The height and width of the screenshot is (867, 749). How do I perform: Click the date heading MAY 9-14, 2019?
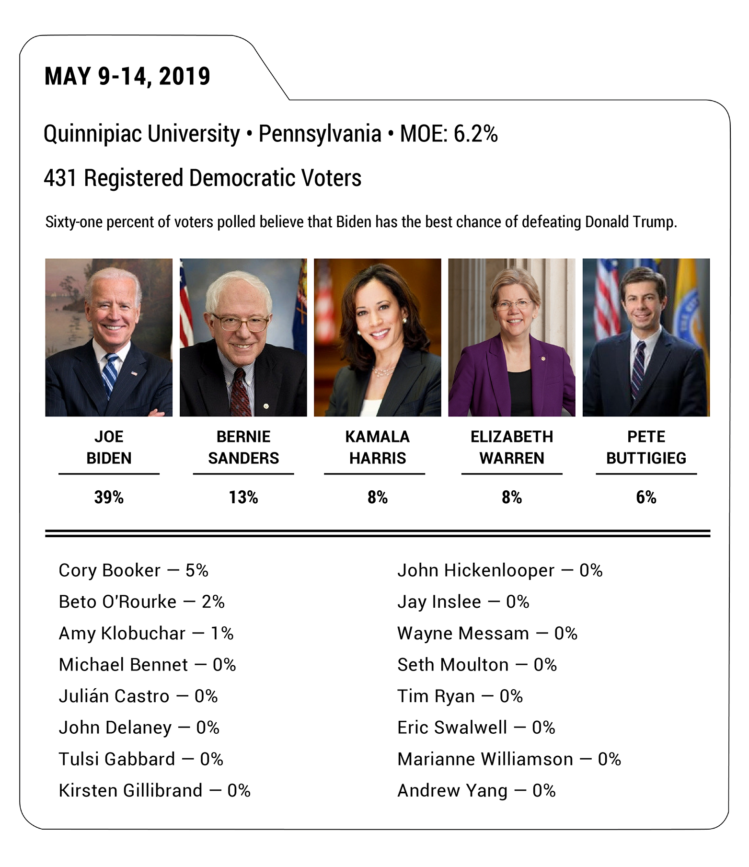point(127,77)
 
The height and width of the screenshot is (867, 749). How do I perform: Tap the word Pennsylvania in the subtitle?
point(320,134)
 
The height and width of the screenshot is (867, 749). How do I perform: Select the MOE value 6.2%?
point(475,134)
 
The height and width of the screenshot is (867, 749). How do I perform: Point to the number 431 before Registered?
point(60,178)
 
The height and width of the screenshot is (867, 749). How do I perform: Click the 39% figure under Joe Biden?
point(109,497)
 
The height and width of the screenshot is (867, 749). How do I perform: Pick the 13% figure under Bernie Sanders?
point(243,497)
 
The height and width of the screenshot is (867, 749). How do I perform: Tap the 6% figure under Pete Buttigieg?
point(645,497)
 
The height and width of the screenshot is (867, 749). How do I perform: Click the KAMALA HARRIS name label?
point(377,447)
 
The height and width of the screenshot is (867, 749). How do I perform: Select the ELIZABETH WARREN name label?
point(511,447)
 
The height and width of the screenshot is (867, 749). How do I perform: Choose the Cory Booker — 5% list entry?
point(133,570)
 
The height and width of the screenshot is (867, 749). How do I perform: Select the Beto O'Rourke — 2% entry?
point(141,602)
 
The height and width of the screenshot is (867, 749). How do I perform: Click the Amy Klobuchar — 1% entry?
point(146,634)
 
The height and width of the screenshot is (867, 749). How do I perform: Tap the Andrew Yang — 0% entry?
point(476,791)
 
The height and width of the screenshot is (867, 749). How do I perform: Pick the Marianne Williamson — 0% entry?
point(508,759)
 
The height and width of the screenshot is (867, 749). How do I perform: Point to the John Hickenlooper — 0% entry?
point(499,570)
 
